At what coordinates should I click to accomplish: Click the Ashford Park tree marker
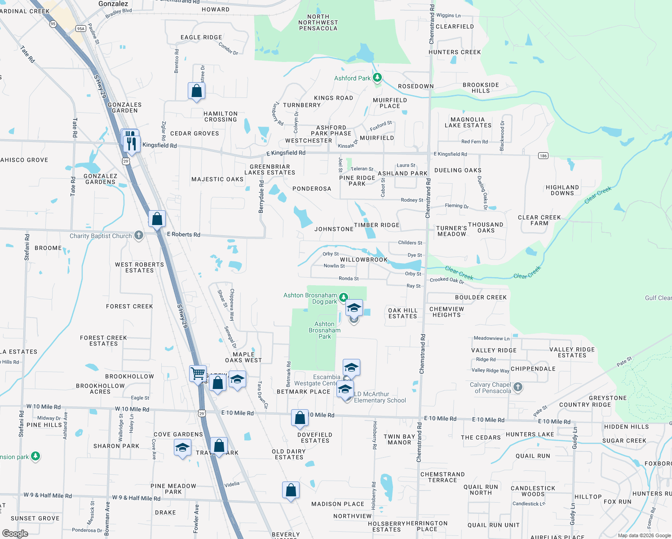click(377, 78)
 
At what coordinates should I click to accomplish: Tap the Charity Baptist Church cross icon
click(139, 235)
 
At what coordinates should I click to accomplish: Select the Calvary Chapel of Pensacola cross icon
click(518, 387)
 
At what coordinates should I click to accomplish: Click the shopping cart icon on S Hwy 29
click(198, 373)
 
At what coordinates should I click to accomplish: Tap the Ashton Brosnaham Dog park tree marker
click(343, 297)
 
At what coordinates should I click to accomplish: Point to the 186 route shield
click(543, 156)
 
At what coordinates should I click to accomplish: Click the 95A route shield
click(81, 28)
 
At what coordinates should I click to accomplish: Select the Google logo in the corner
click(15, 533)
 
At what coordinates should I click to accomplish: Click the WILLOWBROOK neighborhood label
click(363, 260)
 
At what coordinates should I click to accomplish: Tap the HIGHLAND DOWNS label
click(562, 190)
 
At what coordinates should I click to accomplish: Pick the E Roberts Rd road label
click(183, 234)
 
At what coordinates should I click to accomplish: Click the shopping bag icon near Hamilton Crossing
click(196, 91)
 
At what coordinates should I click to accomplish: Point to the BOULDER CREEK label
click(481, 297)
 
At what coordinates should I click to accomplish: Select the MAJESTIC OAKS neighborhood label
click(217, 179)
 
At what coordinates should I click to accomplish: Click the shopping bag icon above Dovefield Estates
click(300, 418)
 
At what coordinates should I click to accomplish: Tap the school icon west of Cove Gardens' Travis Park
click(182, 447)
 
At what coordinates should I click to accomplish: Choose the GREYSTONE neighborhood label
click(607, 398)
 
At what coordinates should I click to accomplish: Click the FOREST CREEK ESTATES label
click(104, 340)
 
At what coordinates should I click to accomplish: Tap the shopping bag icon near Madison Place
click(291, 490)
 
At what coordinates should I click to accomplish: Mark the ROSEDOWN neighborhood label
click(416, 86)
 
